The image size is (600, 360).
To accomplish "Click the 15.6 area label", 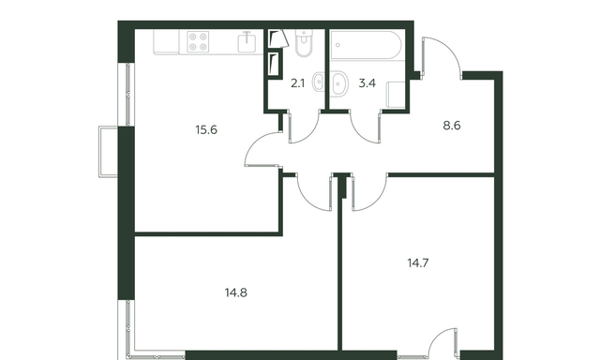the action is pyautogui.click(x=206, y=130).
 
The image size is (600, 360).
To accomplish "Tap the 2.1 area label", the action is pyautogui.click(x=298, y=83).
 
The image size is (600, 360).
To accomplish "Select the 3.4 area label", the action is pyautogui.click(x=367, y=83).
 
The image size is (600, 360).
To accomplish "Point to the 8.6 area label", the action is pyautogui.click(x=452, y=126).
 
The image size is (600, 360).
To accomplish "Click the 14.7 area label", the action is pyautogui.click(x=418, y=263).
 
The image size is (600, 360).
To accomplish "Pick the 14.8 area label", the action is pyautogui.click(x=235, y=293).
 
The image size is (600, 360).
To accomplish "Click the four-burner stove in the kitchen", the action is pyautogui.click(x=198, y=41).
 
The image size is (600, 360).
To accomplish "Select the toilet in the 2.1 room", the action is pyautogui.click(x=304, y=43).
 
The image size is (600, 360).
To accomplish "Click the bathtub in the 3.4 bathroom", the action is pyautogui.click(x=366, y=45).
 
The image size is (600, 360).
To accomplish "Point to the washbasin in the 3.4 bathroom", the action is pyautogui.click(x=339, y=82).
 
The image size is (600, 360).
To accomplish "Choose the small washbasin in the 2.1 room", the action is pyautogui.click(x=318, y=82).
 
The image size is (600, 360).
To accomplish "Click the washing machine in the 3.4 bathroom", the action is pyautogui.click(x=396, y=94).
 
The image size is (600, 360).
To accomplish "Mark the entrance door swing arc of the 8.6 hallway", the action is pyautogui.click(x=451, y=49).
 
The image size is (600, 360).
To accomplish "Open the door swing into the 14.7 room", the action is pyautogui.click(x=378, y=200).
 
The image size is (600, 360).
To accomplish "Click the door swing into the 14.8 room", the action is pyautogui.click(x=307, y=199).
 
